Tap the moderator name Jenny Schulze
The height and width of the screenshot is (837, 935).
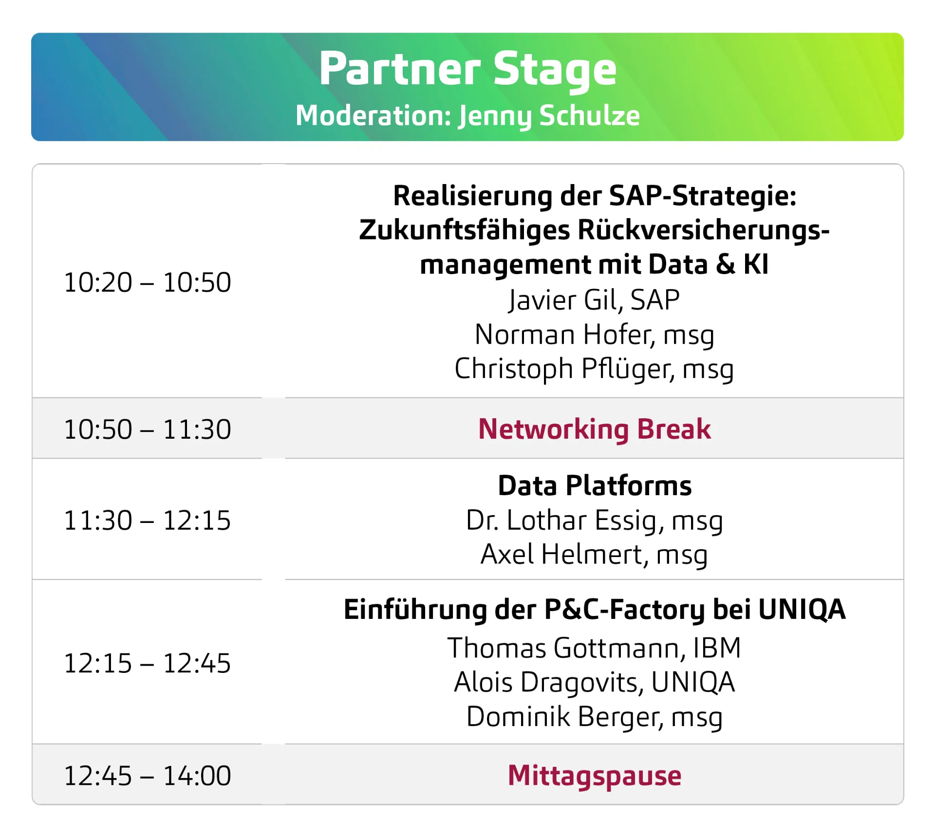[x=549, y=116]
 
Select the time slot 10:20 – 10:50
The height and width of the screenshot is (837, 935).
[x=148, y=282]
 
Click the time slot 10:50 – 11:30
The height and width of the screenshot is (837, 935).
[x=148, y=429]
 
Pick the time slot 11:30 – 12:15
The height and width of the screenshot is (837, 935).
[x=148, y=521]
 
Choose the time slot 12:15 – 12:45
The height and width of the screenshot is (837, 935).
[x=148, y=663]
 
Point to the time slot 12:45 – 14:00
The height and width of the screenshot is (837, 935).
[x=148, y=776]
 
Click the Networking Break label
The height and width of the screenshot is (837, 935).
[x=594, y=429]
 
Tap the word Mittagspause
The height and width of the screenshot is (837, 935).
[x=594, y=776]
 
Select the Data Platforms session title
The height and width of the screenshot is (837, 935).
[x=594, y=486]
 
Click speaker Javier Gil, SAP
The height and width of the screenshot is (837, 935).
[x=594, y=300]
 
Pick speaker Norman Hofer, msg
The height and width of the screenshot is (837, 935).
[x=594, y=335]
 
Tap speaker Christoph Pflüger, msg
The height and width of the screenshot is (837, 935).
[x=594, y=369]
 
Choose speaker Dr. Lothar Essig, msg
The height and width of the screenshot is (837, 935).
[x=594, y=521]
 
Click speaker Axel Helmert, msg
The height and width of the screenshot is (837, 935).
[x=594, y=555]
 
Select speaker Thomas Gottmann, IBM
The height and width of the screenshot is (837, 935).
[x=594, y=648]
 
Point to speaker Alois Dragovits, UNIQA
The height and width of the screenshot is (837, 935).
[x=594, y=682]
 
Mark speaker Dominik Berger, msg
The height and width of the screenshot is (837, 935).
[x=594, y=717]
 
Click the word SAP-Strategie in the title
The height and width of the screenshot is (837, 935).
[x=702, y=196]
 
